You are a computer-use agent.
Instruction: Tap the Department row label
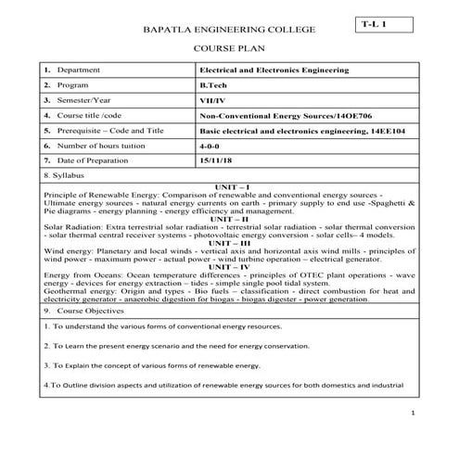[79, 70]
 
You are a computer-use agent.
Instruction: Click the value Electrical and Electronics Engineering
[275, 70]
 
